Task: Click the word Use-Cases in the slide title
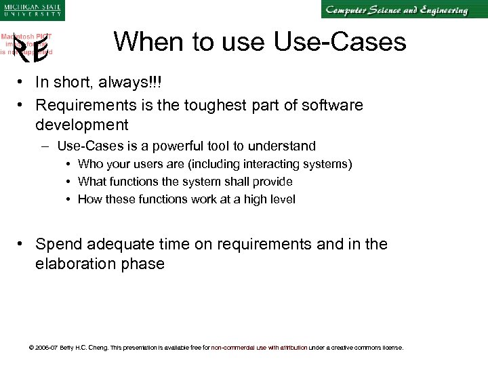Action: (340, 42)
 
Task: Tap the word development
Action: (82, 125)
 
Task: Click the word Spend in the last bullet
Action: (58, 244)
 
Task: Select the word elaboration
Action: (75, 264)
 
